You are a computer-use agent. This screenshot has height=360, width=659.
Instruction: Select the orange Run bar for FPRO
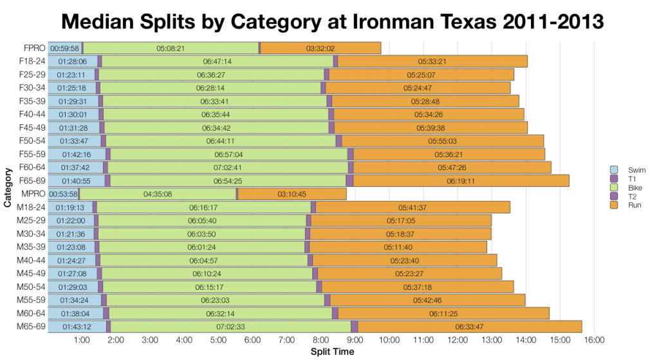pyautogui.click(x=320, y=48)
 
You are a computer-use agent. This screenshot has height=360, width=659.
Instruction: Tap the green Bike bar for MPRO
pyautogui.click(x=158, y=194)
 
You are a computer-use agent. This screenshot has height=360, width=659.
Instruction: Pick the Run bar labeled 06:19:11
pyautogui.click(x=461, y=181)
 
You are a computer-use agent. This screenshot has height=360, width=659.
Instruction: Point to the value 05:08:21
pyautogui.click(x=171, y=48)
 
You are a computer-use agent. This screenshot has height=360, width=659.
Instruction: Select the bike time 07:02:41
pyautogui.click(x=228, y=167)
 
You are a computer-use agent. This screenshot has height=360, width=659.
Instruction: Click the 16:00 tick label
pyautogui.click(x=593, y=340)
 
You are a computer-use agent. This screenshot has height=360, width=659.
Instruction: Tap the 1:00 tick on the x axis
pyautogui.click(x=82, y=340)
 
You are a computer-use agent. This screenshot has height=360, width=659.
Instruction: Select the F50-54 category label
pyautogui.click(x=32, y=140)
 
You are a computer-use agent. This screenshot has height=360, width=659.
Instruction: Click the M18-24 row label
pyautogui.click(x=32, y=207)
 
